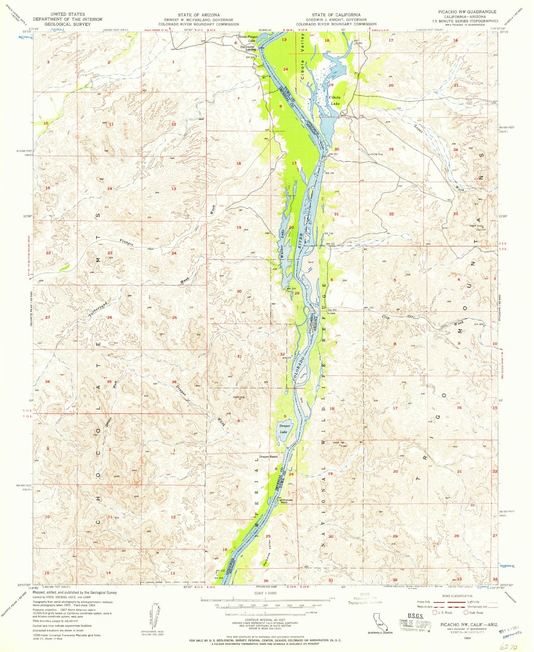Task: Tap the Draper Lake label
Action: pyautogui.click(x=283, y=429)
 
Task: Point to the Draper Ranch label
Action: pyautogui.click(x=268, y=456)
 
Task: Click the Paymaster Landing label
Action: pyautogui.click(x=248, y=48)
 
